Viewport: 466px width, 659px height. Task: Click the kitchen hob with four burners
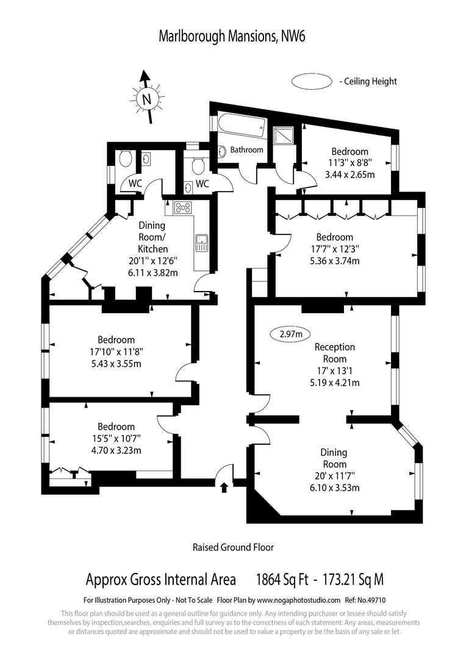pyautogui.click(x=183, y=207)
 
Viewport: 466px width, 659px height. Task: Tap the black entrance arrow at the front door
pyautogui.click(x=224, y=487)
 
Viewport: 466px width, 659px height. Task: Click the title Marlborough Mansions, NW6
pyautogui.click(x=232, y=37)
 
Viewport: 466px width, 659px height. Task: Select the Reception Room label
pyautogui.click(x=335, y=353)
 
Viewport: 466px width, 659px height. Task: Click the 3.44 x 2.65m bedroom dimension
pyautogui.click(x=350, y=175)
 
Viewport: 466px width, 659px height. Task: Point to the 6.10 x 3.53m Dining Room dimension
pyautogui.click(x=334, y=488)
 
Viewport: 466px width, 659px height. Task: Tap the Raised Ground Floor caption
pyautogui.click(x=233, y=547)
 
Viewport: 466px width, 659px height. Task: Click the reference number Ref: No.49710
pyautogui.click(x=365, y=600)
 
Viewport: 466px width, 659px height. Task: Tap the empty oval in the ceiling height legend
pyautogui.click(x=312, y=81)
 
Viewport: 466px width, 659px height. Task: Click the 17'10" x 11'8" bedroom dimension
pyautogui.click(x=116, y=352)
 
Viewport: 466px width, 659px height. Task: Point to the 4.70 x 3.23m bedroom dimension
pyautogui.click(x=116, y=450)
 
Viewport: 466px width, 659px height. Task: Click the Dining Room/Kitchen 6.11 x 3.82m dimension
pyautogui.click(x=153, y=273)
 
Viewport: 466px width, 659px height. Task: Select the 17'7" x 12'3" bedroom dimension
pyautogui.click(x=335, y=249)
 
